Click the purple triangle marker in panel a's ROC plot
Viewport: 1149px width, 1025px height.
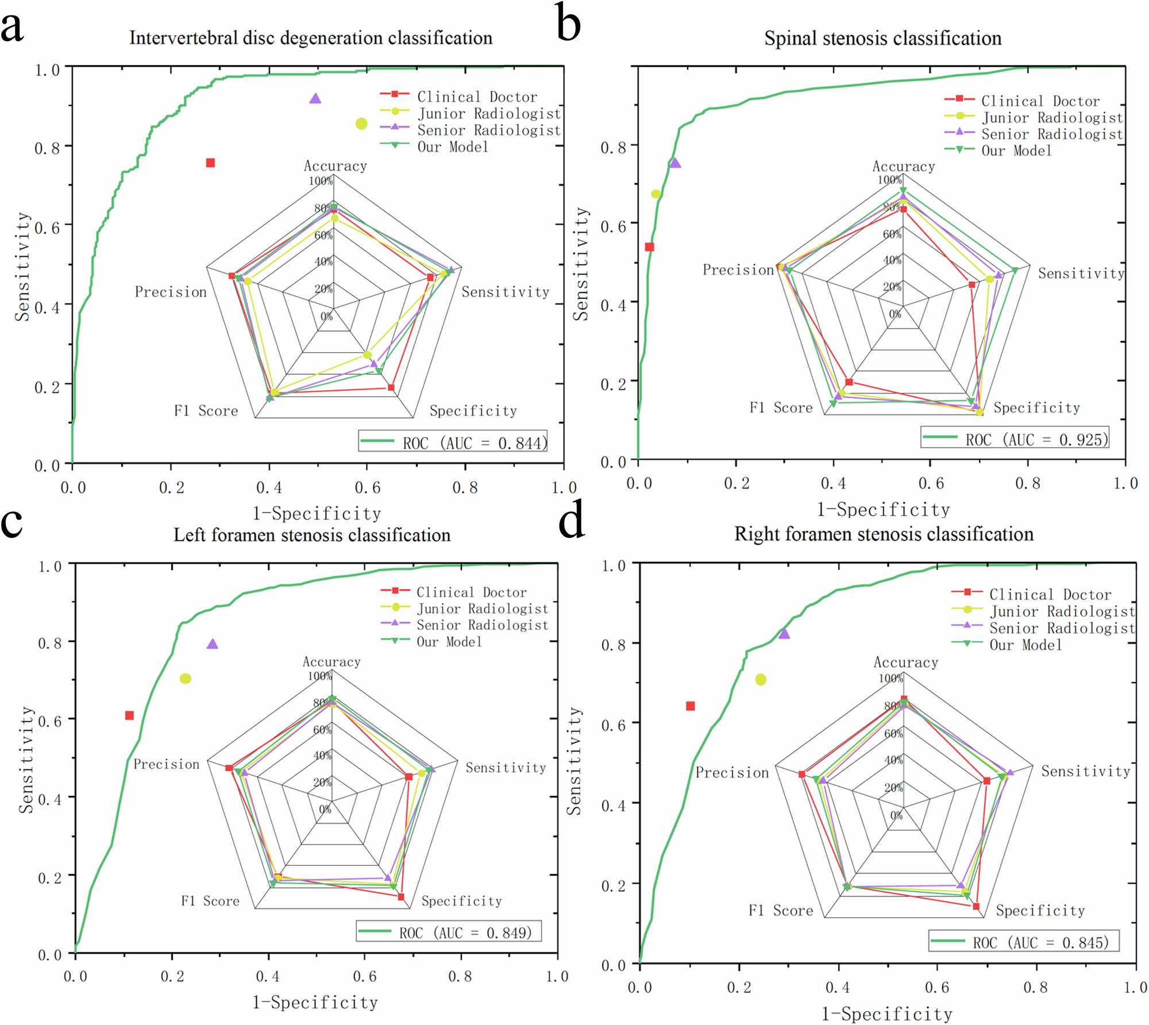pyautogui.click(x=315, y=99)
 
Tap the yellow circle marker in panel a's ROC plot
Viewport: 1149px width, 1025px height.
pyautogui.click(x=361, y=124)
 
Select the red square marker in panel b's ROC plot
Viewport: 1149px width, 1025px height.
pyautogui.click(x=649, y=247)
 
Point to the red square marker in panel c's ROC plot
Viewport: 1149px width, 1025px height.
pyautogui.click(x=129, y=715)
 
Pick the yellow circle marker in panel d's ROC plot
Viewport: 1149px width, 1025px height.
pyautogui.click(x=761, y=680)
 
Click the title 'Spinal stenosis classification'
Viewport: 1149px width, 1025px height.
pyautogui.click(x=882, y=38)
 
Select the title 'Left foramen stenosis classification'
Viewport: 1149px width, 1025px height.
pyautogui.click(x=312, y=535)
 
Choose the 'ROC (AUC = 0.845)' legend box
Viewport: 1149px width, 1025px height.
pyautogui.click(x=1024, y=942)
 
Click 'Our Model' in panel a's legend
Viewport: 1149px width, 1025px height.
pyautogui.click(x=453, y=147)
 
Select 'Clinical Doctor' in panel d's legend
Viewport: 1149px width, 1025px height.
pyautogui.click(x=1050, y=595)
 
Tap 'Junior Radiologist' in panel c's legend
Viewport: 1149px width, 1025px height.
pyautogui.click(x=482, y=608)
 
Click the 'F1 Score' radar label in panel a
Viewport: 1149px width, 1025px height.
pyautogui.click(x=206, y=411)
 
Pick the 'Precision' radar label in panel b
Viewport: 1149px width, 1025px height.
pyautogui.click(x=738, y=270)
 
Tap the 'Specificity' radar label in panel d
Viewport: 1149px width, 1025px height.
pyautogui.click(x=1040, y=911)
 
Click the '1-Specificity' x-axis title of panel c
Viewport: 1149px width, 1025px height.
pyautogui.click(x=315, y=1003)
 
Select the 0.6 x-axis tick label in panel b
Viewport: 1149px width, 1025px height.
pyautogui.click(x=931, y=484)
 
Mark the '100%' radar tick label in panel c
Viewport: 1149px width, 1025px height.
pyautogui.click(x=319, y=676)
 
